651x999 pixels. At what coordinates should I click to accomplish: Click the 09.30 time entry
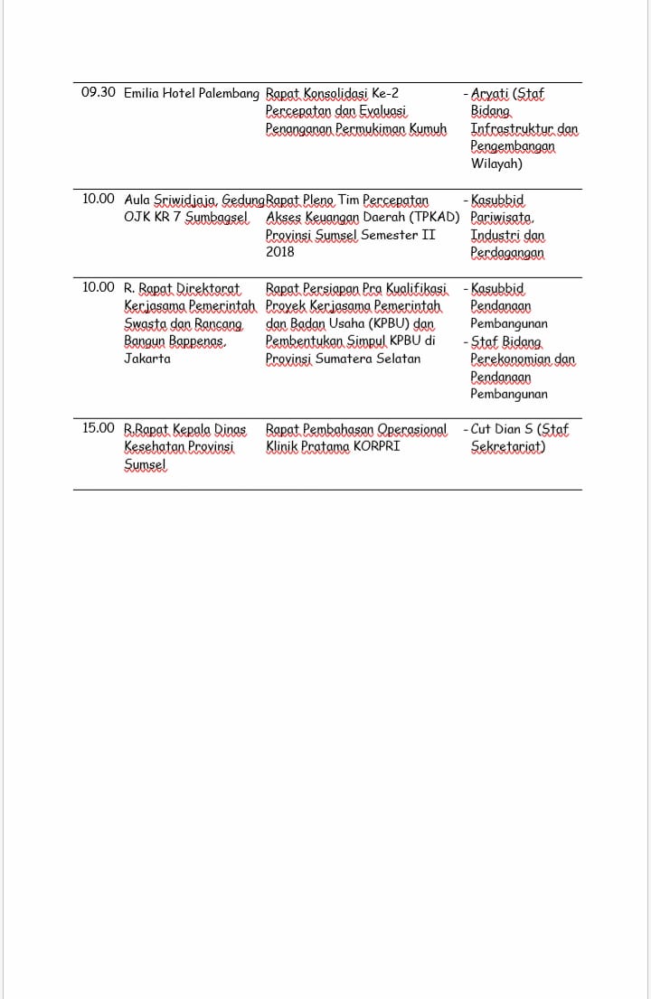98,93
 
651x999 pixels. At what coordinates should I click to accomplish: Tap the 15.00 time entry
98,428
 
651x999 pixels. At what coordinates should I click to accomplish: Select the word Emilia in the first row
140,93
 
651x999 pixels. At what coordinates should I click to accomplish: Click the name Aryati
491,93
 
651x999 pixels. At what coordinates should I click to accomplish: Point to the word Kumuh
429,129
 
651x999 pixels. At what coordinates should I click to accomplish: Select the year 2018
280,252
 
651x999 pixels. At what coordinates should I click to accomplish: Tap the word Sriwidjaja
185,199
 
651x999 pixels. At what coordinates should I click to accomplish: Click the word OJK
137,217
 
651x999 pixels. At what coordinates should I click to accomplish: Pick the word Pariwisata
502,217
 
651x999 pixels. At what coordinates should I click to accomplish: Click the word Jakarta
147,359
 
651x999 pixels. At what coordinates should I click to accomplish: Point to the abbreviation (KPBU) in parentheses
365,323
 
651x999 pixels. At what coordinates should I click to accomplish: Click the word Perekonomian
511,359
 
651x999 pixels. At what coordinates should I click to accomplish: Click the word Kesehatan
153,446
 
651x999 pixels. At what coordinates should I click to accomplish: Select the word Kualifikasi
417,288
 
